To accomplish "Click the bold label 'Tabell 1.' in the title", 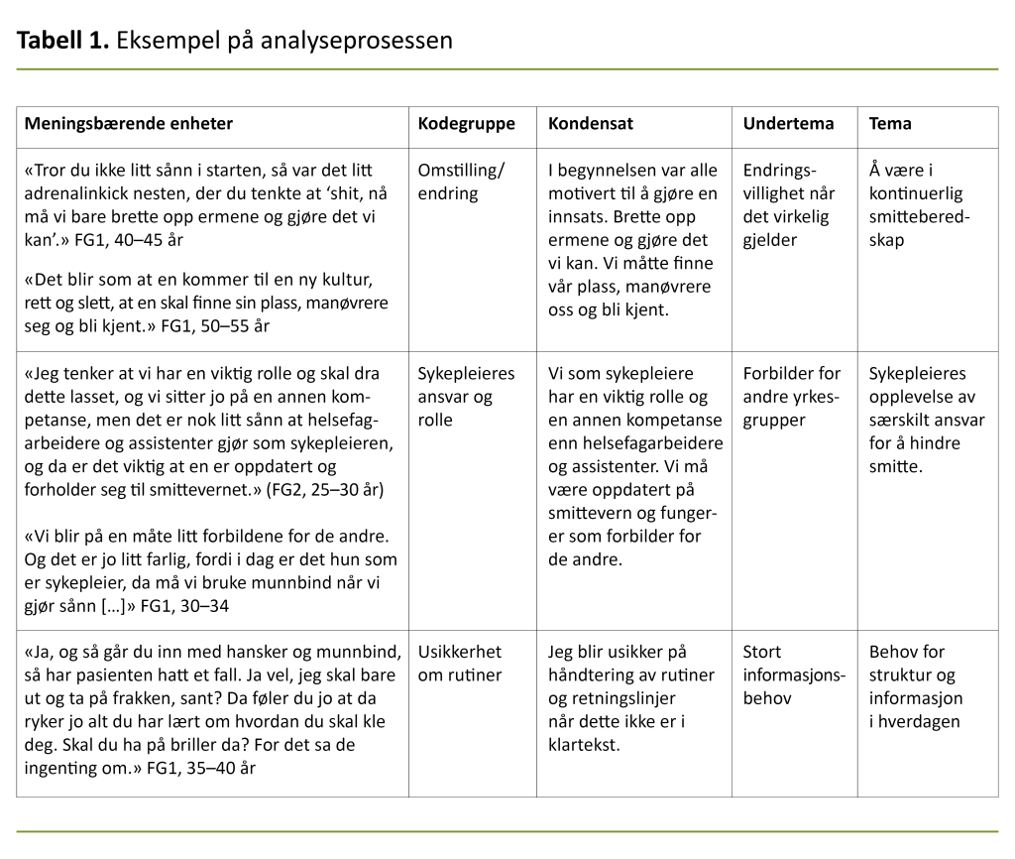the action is [x=63, y=41].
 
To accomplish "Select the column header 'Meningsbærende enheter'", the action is [x=129, y=124].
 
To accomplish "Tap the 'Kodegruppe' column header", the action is [x=467, y=124].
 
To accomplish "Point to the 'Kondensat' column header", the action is [x=591, y=124].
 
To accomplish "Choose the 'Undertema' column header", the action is [x=789, y=124].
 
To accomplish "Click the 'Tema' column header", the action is [x=890, y=124].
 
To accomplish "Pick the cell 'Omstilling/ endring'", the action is [x=461, y=182].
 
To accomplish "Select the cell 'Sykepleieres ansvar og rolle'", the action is [x=467, y=397].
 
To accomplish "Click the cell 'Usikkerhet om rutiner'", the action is [x=460, y=664].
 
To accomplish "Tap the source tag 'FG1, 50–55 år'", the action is [x=215, y=325].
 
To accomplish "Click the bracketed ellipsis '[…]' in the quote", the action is [x=109, y=605].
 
